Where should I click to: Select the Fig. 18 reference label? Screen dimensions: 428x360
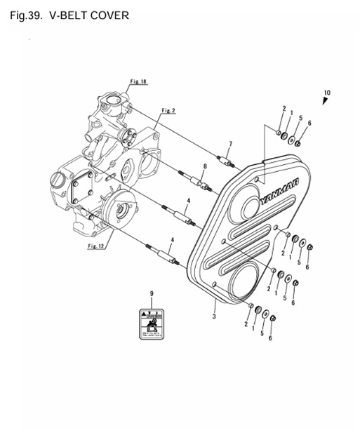click(x=138, y=82)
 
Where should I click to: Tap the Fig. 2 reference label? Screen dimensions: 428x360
click(x=168, y=111)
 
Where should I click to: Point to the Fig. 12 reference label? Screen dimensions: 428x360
click(x=95, y=246)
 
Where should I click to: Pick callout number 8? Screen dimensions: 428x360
click(x=204, y=166)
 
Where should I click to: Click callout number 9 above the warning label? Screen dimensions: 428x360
click(x=150, y=293)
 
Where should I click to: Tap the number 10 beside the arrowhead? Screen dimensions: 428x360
click(x=326, y=92)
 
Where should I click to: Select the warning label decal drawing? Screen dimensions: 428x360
click(x=151, y=321)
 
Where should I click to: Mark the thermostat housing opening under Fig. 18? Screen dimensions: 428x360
click(x=110, y=106)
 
